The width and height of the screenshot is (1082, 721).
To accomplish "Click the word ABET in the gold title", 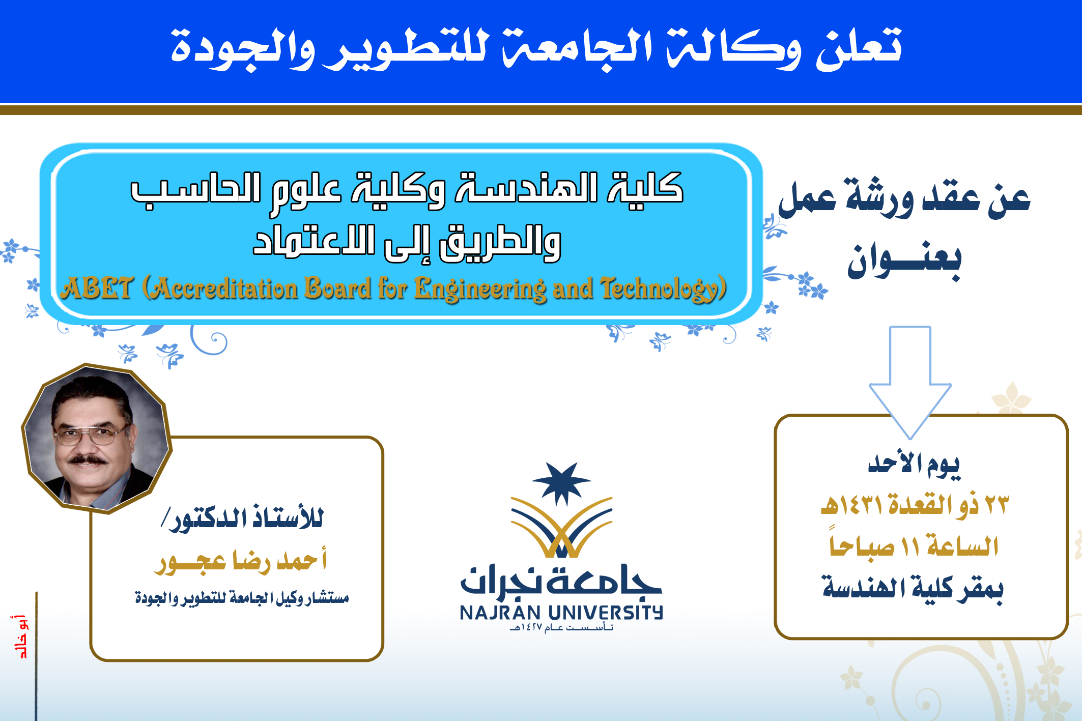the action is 97,288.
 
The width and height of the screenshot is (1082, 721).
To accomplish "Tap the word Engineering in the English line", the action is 479,289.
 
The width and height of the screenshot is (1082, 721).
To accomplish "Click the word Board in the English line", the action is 337,288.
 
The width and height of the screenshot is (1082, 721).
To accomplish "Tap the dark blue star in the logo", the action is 561,483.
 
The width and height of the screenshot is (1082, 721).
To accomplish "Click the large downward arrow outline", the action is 910,382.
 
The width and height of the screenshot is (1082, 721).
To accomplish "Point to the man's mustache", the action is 88,459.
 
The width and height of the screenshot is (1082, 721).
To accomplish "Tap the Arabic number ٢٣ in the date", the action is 996,505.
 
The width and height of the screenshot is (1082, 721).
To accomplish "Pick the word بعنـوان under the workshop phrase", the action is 904,260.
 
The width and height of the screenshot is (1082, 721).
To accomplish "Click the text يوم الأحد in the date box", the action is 915,465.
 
